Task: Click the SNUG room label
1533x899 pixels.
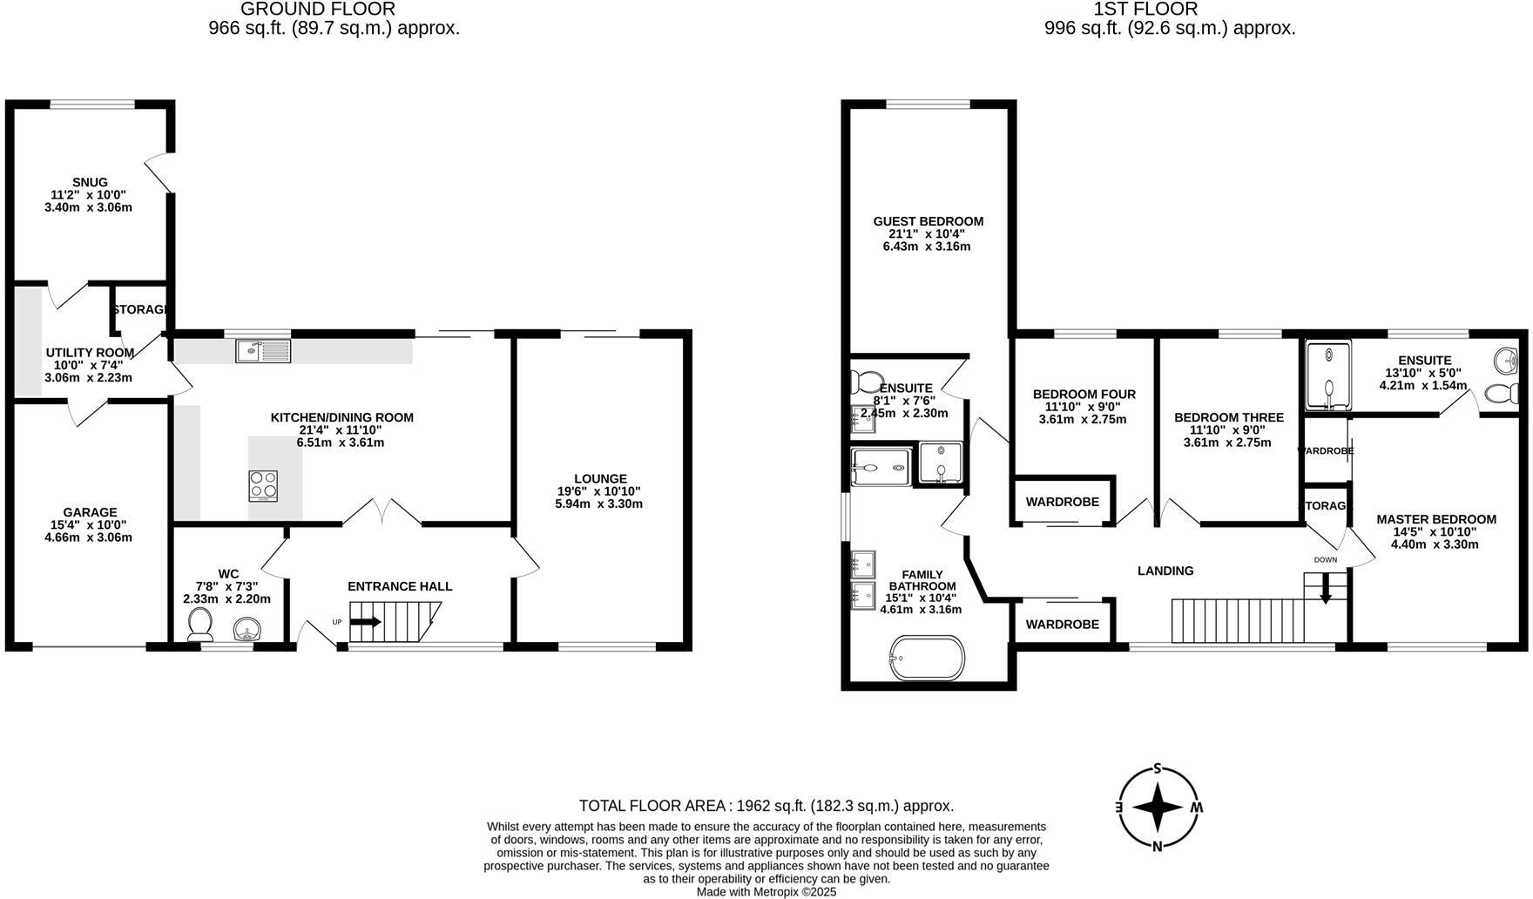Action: point(90,183)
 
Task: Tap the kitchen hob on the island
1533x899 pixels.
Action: point(264,485)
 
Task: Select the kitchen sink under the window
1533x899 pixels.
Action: point(263,351)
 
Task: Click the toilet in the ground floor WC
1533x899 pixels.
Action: point(200,625)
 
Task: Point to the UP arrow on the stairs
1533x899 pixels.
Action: point(365,622)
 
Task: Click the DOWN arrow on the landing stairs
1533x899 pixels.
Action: point(1326,591)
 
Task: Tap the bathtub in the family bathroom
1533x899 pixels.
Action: point(927,658)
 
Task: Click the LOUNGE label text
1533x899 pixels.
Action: point(600,479)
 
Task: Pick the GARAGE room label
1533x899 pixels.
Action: point(90,512)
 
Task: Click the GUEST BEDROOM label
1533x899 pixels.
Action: point(928,221)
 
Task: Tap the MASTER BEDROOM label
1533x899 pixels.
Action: point(1435,519)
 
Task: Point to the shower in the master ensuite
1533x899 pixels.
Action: point(1328,375)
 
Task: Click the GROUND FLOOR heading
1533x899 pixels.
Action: point(317,10)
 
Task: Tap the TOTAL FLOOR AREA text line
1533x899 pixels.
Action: point(766,807)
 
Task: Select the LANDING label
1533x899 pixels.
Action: point(1165,571)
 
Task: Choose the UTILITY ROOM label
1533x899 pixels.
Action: point(90,353)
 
